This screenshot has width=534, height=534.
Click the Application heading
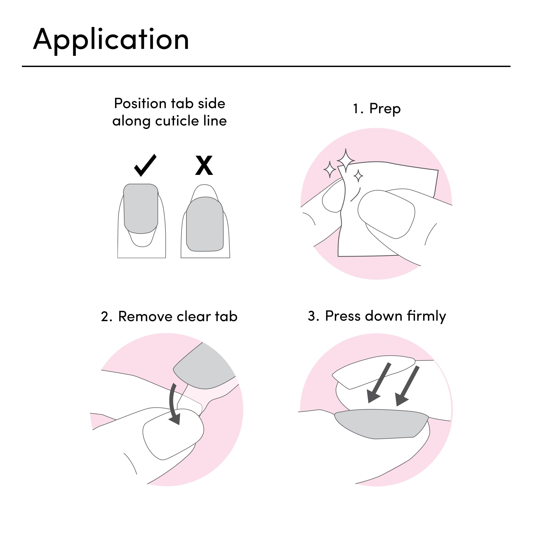(x=111, y=40)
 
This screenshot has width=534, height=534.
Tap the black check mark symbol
(x=145, y=165)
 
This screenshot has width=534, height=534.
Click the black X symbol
(x=204, y=165)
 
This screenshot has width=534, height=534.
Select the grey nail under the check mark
(x=141, y=209)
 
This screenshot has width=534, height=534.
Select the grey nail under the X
(x=205, y=224)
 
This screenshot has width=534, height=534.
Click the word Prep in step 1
(x=385, y=109)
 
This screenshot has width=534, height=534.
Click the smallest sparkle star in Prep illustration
(x=358, y=175)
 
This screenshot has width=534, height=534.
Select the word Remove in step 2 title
(x=145, y=316)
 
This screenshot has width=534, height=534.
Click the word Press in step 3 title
(x=343, y=316)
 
